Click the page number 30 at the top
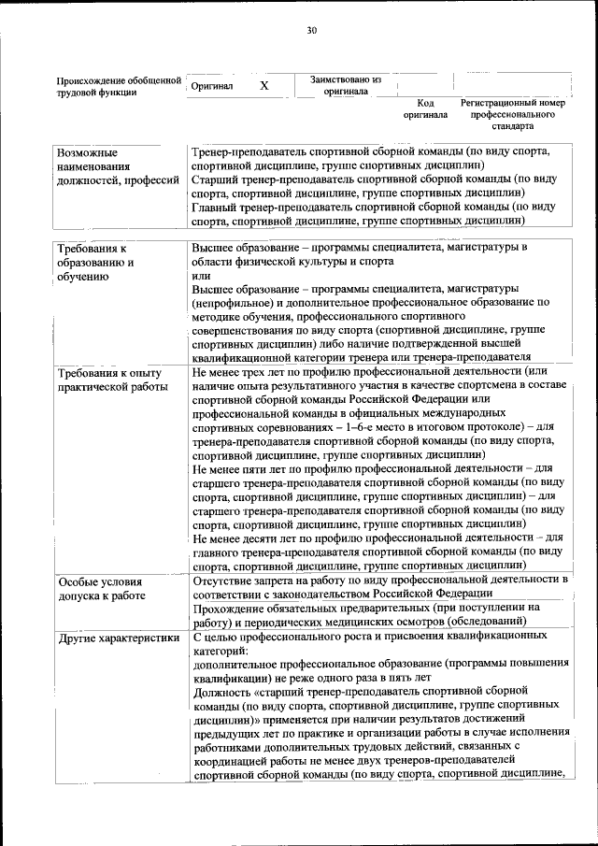(x=312, y=31)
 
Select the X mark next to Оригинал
(x=264, y=86)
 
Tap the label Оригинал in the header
(x=211, y=86)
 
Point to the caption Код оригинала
(x=425, y=109)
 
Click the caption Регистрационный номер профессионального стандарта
(x=513, y=114)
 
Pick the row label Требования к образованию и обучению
(x=96, y=263)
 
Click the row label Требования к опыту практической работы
(x=111, y=379)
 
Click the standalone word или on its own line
(x=201, y=276)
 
